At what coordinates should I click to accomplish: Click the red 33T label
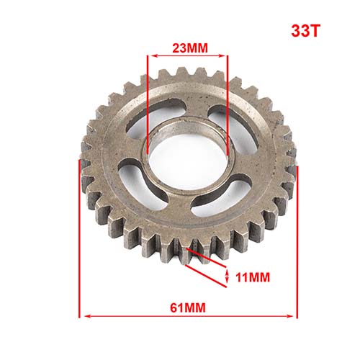click(306, 31)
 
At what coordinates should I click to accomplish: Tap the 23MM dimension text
click(190, 48)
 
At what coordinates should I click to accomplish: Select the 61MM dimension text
click(188, 307)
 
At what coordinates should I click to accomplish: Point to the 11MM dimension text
click(253, 277)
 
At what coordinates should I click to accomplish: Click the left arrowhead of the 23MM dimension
click(153, 56)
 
